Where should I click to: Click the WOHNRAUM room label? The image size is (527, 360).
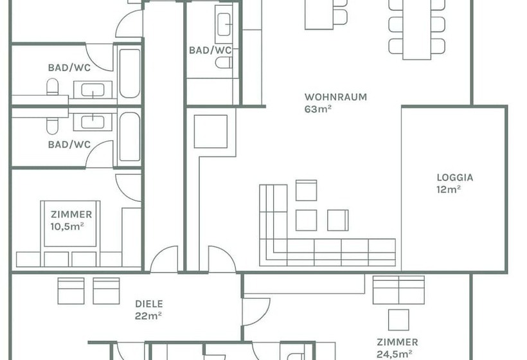tap(335, 97)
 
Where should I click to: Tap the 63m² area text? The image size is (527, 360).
tap(317, 109)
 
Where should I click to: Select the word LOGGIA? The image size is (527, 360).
tap(454, 177)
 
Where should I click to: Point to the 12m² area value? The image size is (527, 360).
tap(448, 189)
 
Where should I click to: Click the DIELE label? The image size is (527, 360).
tap(148, 304)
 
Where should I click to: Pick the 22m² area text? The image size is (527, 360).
tap(148, 316)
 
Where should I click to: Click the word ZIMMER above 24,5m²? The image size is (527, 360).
tap(397, 342)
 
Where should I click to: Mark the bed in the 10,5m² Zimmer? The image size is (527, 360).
tap(71, 224)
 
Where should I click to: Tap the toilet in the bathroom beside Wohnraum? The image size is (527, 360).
tap(223, 62)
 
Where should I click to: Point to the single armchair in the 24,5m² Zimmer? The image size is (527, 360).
tap(398, 319)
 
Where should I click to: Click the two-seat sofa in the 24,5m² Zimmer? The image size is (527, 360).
tap(398, 290)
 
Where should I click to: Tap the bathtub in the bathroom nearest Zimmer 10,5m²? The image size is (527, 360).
tap(129, 137)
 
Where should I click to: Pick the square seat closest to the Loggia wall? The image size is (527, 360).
tap(337, 220)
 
